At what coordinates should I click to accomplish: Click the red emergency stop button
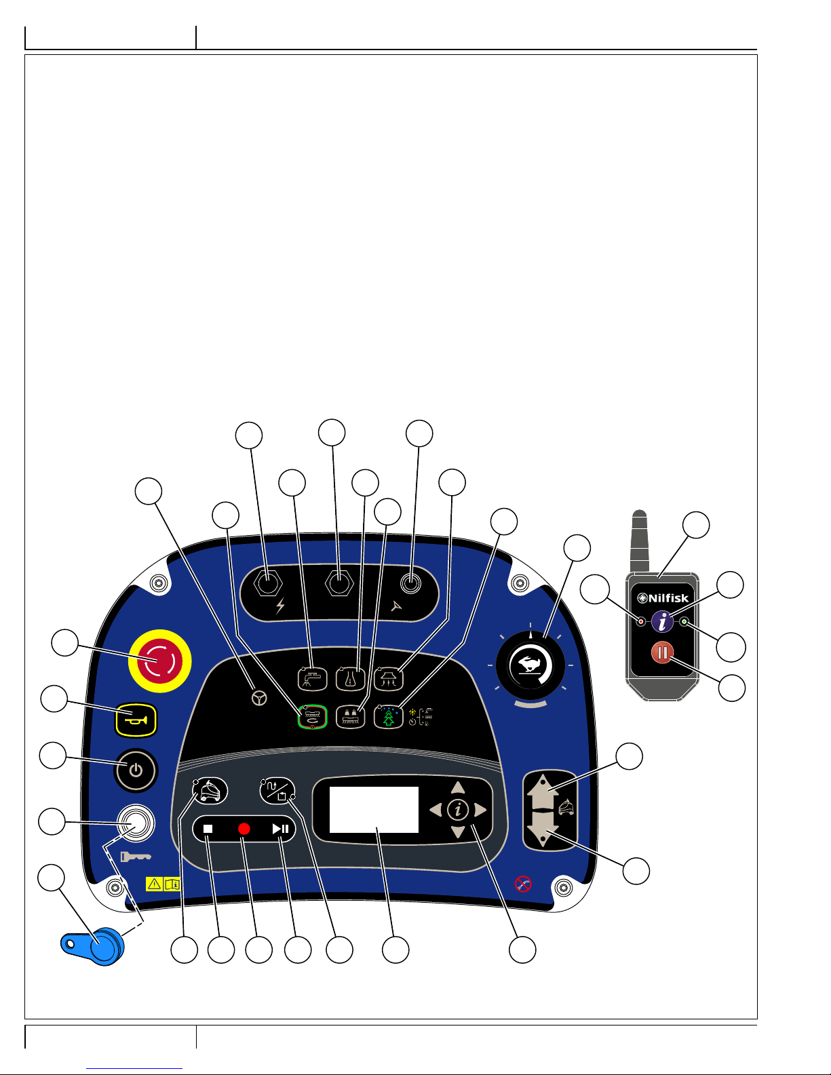[160, 661]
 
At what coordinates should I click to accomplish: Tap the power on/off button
[136, 770]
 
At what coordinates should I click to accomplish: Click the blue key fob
[93, 945]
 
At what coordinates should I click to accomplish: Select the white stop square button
[208, 829]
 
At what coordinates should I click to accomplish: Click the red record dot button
[244, 829]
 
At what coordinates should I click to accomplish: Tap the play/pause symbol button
[280, 829]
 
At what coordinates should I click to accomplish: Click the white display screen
[374, 810]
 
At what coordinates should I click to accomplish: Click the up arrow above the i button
[458, 787]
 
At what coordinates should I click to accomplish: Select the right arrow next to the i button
[480, 810]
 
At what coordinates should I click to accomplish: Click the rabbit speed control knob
[530, 665]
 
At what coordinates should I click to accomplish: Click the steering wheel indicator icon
[259, 698]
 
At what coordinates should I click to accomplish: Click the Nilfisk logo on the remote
[663, 598]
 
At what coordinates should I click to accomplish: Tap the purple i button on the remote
[662, 621]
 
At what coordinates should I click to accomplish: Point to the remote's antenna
[640, 541]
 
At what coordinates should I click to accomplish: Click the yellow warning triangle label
[155, 884]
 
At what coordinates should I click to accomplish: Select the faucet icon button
[312, 678]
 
